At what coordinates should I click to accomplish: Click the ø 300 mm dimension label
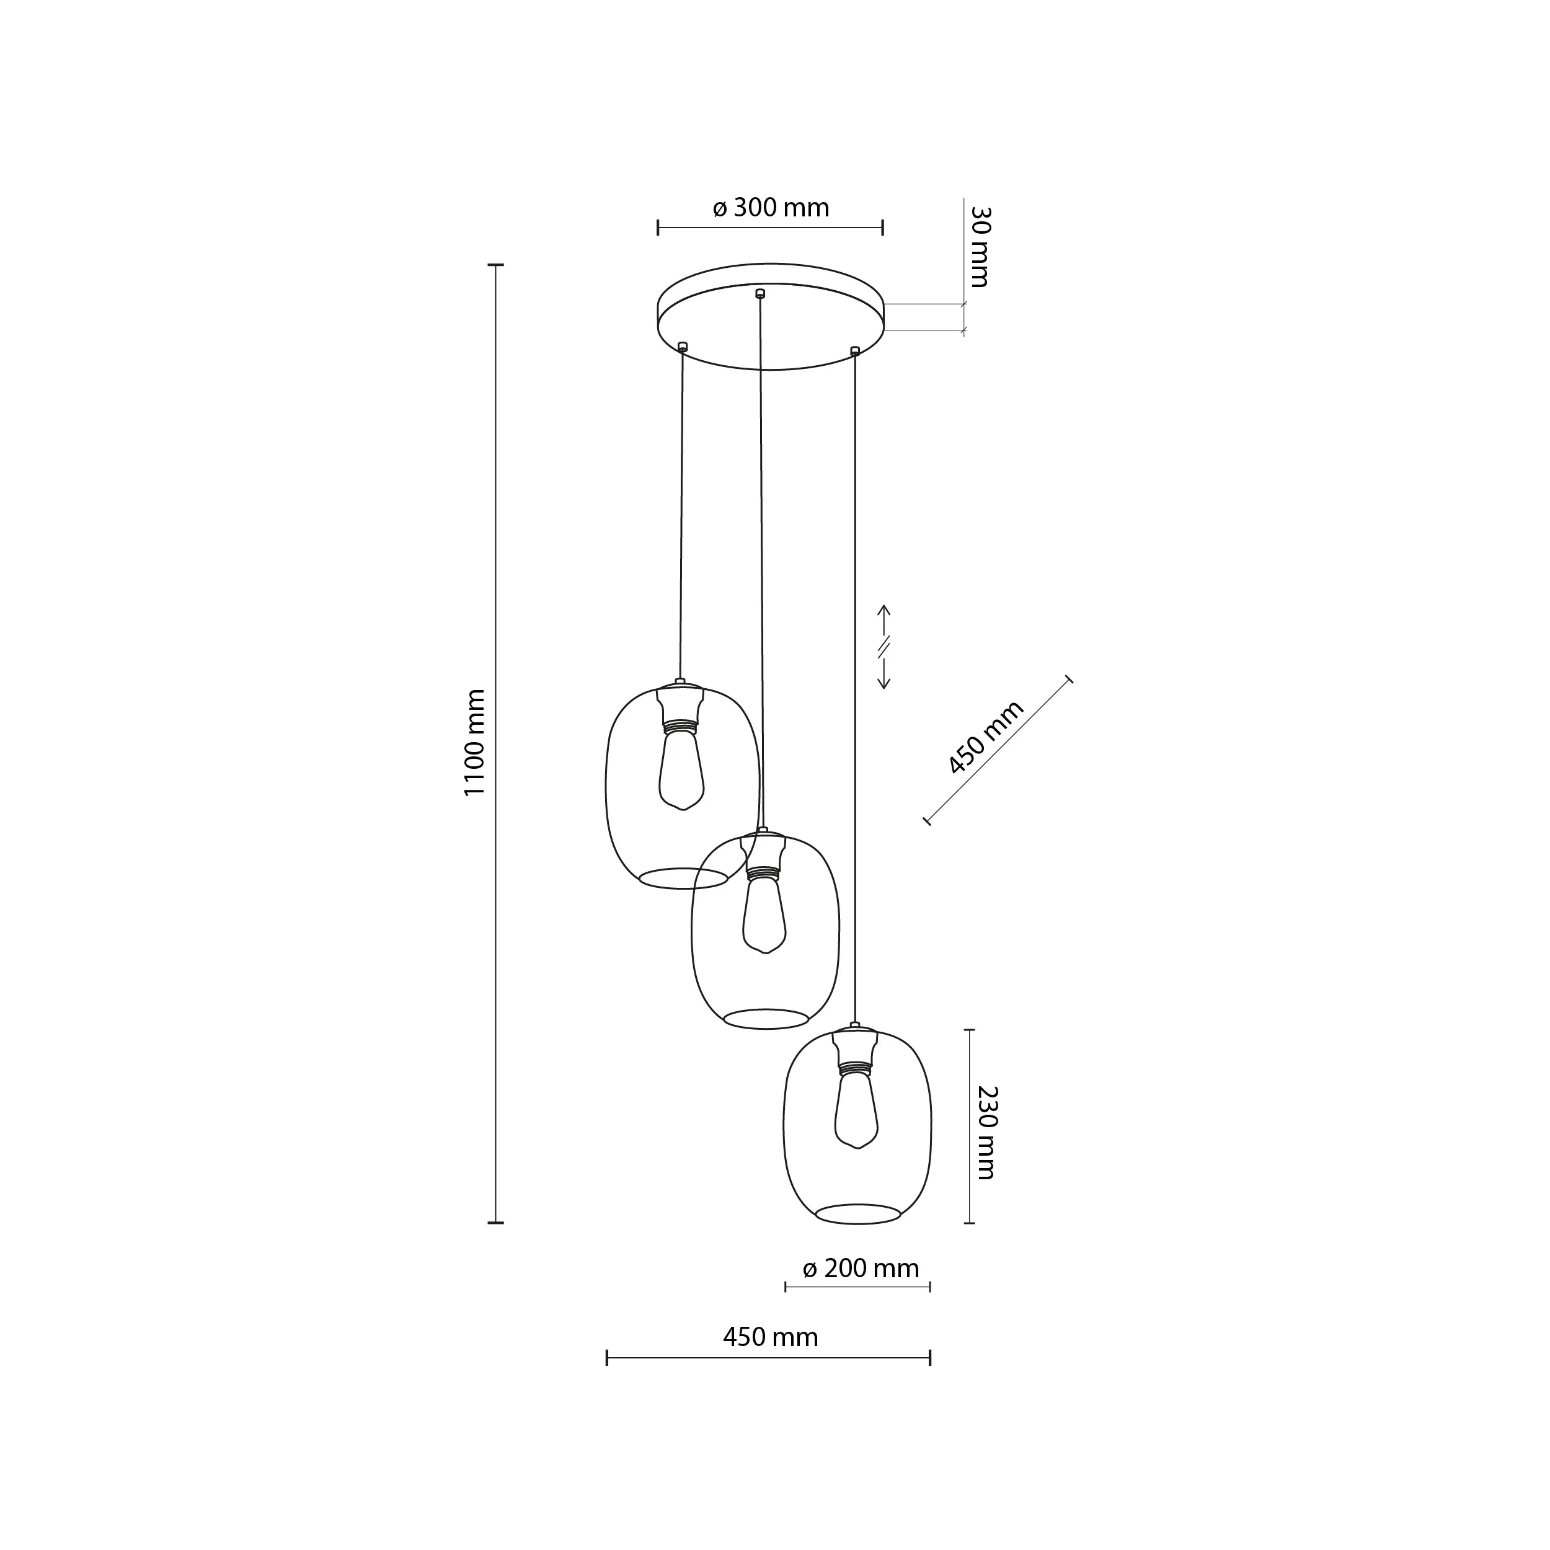770,208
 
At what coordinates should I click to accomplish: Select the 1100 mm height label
475,742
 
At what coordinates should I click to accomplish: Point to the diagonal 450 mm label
985,737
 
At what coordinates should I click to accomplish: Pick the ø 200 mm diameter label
860,1269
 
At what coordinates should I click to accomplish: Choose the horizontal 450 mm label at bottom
770,1337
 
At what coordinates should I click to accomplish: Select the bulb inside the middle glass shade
764,914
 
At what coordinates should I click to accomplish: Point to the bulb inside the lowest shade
856,1110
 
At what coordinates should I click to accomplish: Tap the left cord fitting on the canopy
682,347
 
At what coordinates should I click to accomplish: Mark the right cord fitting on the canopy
854,350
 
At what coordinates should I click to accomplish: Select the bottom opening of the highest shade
683,878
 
